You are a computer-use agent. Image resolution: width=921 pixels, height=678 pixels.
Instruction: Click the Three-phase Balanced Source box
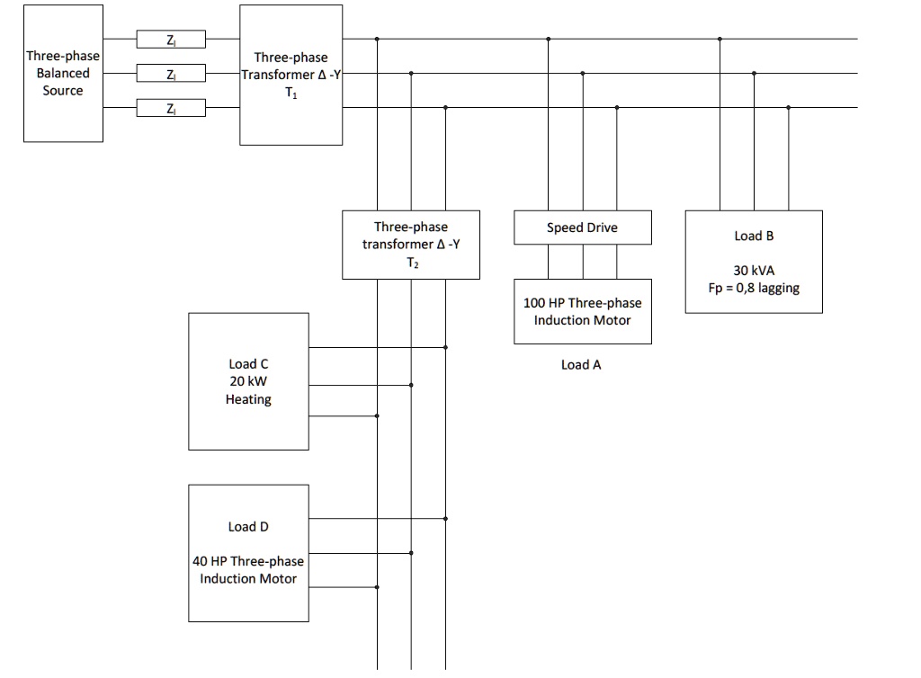63,74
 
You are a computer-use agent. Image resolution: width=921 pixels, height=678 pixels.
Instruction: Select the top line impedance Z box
171,39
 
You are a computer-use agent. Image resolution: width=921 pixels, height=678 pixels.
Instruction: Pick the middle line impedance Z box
171,73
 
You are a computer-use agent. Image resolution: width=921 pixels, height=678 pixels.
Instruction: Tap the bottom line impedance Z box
171,108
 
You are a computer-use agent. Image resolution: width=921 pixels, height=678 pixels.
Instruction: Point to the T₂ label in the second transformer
411,263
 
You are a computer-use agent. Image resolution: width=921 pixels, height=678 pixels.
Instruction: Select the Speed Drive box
582,227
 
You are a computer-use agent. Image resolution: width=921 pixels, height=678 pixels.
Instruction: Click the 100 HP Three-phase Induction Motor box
582,311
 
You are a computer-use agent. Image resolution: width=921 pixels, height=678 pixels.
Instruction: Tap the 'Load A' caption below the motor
580,364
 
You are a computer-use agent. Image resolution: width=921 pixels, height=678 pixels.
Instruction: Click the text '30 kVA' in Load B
753,271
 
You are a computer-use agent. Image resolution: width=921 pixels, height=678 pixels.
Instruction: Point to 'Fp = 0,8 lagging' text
753,289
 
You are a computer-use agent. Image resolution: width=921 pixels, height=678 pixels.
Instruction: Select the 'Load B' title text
753,236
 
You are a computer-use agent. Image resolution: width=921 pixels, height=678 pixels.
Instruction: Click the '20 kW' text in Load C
248,381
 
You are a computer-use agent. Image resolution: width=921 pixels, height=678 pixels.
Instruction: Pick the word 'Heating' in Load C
248,399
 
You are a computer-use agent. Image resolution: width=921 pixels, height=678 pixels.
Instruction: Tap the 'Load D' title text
248,526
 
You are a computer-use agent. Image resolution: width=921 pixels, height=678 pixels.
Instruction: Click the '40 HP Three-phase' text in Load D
248,561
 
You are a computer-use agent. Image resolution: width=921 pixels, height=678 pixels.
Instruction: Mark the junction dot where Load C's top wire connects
445,347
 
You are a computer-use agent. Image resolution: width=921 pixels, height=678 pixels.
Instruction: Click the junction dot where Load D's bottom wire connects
377,587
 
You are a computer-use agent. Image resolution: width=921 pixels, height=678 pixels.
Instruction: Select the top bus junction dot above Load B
720,39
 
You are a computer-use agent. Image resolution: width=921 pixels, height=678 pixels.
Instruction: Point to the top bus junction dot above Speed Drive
548,39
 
